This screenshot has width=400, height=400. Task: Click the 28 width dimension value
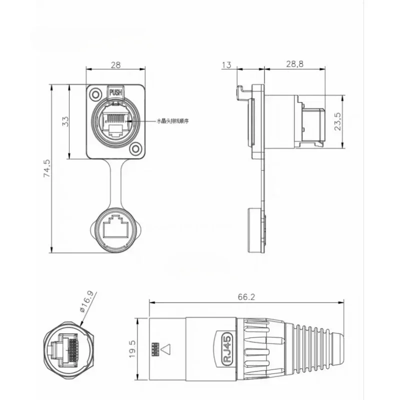115,65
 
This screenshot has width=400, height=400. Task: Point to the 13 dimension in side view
226,65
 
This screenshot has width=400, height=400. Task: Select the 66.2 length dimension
246,297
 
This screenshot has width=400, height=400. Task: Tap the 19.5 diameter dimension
132,346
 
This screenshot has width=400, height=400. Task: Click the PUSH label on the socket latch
115,92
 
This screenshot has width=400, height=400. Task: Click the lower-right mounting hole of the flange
135,149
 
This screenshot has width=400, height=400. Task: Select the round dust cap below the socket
115,228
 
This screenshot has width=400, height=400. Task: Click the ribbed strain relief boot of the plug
310,346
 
